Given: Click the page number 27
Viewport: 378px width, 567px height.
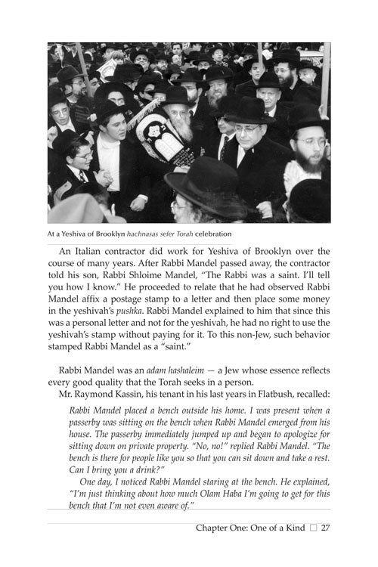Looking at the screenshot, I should point(326,528).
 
